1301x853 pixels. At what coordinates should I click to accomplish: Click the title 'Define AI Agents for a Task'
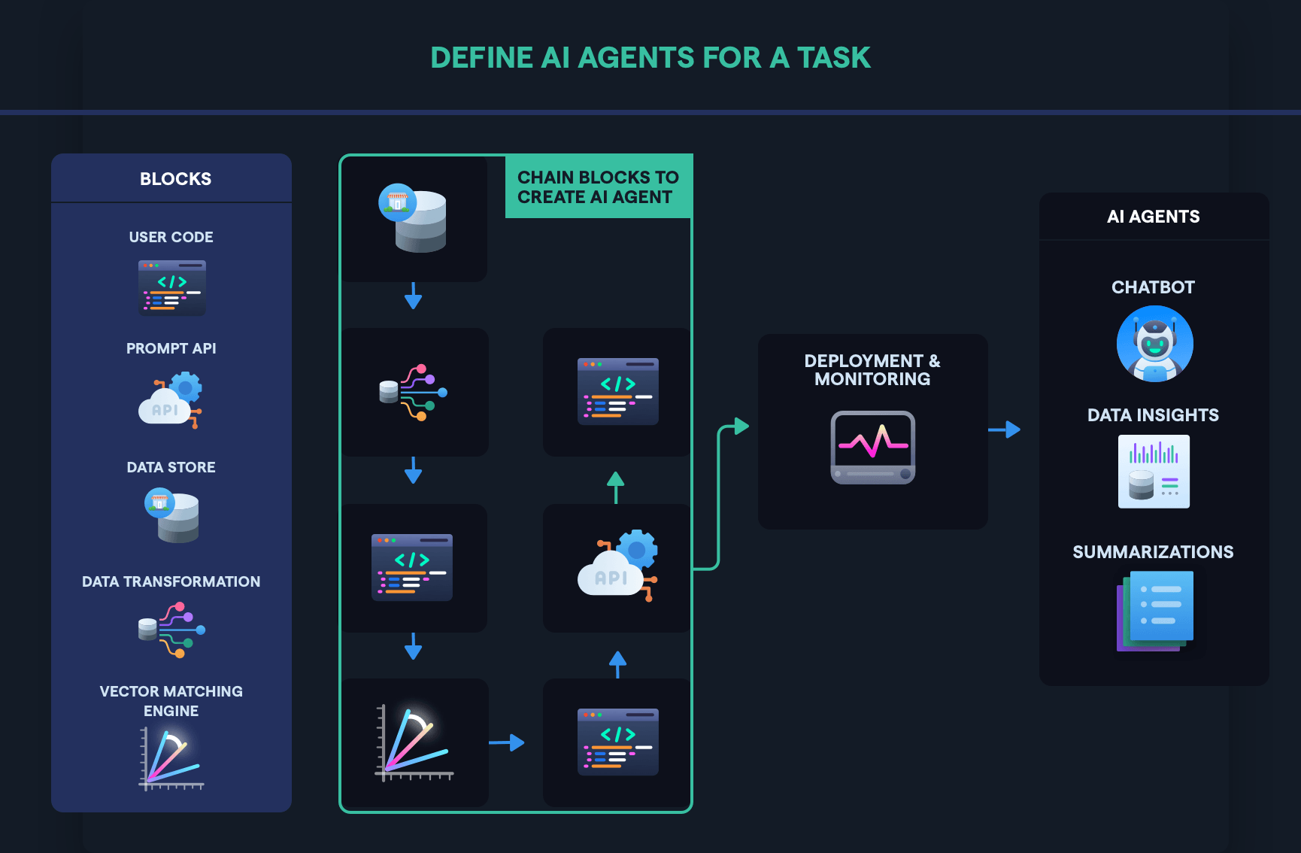[650, 58]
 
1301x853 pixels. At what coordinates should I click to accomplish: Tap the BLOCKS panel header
[175, 179]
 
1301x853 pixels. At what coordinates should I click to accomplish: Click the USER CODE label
[171, 237]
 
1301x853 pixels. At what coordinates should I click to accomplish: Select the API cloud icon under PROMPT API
[171, 400]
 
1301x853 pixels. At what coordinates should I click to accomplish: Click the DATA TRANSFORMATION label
[171, 581]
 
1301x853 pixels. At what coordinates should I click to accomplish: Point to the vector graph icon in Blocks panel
[171, 758]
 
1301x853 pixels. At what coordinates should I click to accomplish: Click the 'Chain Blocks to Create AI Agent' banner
[598, 187]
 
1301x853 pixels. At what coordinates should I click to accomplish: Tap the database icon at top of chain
[413, 218]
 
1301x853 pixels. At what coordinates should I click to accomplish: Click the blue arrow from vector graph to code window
[507, 742]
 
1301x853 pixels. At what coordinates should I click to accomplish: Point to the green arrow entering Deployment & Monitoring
[734, 427]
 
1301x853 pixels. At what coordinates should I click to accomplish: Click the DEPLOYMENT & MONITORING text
[872, 370]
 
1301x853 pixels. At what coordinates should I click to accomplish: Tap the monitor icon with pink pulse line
[872, 447]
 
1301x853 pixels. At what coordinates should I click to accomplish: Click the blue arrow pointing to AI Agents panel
[1005, 430]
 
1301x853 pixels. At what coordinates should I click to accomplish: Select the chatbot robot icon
[1154, 344]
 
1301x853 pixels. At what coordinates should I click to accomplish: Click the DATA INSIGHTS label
[1153, 415]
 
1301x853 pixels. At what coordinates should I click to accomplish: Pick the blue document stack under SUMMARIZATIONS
[1156, 610]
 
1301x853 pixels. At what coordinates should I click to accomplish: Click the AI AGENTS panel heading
[1153, 217]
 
